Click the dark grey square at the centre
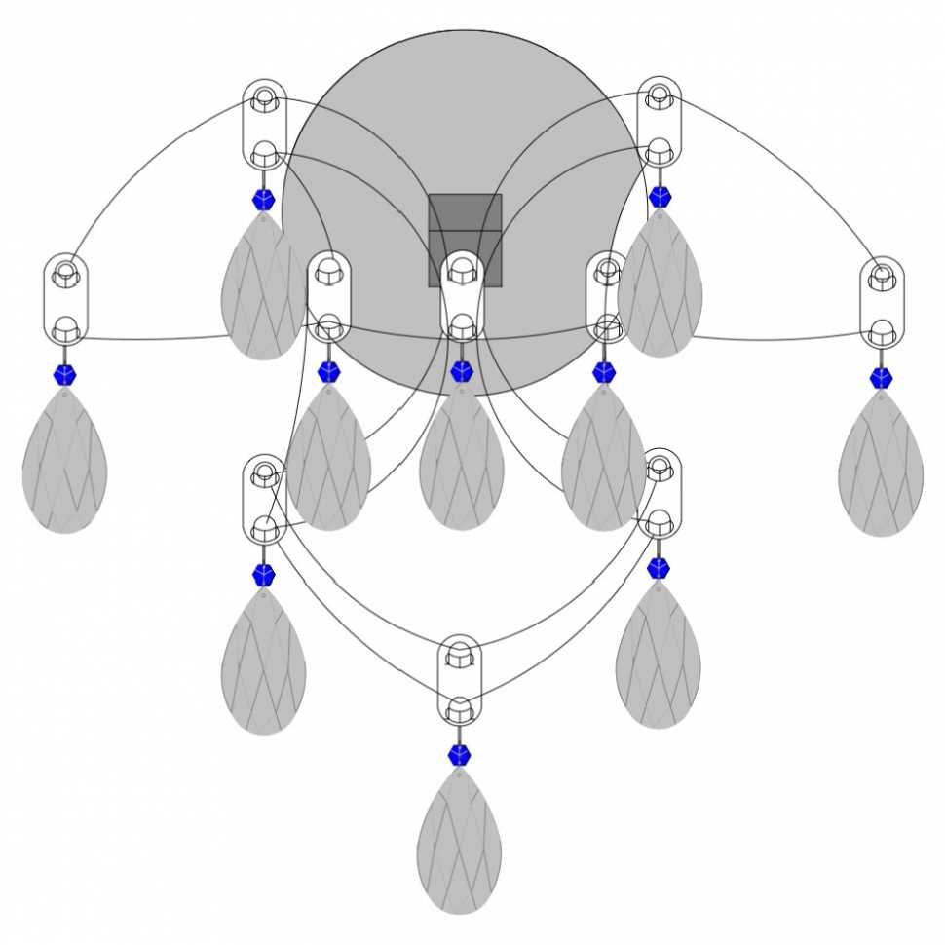pyautogui.click(x=466, y=240)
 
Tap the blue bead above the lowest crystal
pyautogui.click(x=459, y=755)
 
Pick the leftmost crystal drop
pyautogui.click(x=64, y=462)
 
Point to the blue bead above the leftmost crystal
pyautogui.click(x=65, y=375)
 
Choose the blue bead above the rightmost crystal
pyautogui.click(x=881, y=378)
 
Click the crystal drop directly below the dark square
pyautogui.click(x=462, y=458)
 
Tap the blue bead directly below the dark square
pyautogui.click(x=462, y=371)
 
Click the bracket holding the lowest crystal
pyautogui.click(x=460, y=680)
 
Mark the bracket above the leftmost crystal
pyautogui.click(x=65, y=301)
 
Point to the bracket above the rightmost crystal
pyautogui.click(x=882, y=303)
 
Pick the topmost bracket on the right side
pyautogui.click(x=660, y=122)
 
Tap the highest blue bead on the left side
pyautogui.click(x=263, y=201)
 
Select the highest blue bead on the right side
pyautogui.click(x=661, y=197)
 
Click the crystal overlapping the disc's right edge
pyautogui.click(x=660, y=283)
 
